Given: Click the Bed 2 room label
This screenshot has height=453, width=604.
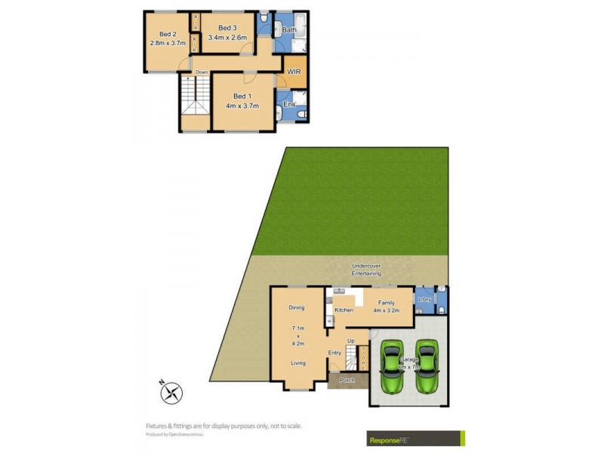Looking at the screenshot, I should (x=168, y=34).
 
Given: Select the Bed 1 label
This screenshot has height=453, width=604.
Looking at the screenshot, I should (x=242, y=96).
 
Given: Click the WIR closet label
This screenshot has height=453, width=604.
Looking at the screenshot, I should (x=294, y=72).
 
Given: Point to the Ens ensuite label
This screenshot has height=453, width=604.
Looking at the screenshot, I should (x=288, y=105).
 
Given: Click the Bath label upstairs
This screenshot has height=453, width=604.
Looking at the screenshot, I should (x=289, y=30).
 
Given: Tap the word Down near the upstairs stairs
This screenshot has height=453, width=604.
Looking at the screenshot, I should (x=202, y=72).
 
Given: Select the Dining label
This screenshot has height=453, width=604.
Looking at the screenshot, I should (x=296, y=307).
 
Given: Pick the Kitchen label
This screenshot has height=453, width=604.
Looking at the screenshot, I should (x=344, y=310).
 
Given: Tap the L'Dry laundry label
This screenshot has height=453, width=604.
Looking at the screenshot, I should (x=425, y=300).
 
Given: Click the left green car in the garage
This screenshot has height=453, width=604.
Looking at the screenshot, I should (x=391, y=366).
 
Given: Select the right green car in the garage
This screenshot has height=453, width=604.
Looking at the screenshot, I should (x=427, y=366).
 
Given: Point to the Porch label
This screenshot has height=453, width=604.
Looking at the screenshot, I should (x=347, y=380).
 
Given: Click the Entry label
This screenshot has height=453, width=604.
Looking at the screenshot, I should (x=334, y=353).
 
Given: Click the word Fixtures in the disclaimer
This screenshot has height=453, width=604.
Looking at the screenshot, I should (x=159, y=426).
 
